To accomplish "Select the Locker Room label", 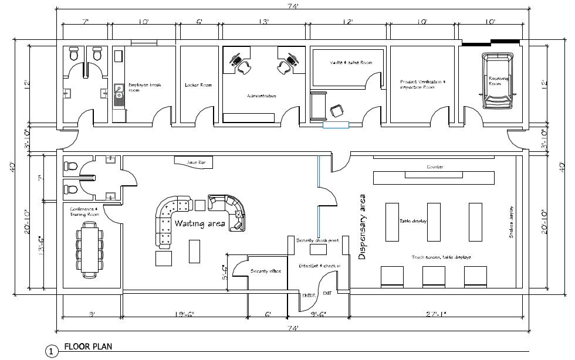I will point(198,85).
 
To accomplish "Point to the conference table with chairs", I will point(90,249).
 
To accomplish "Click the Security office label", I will point(265,271).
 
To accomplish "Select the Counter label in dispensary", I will point(435,167).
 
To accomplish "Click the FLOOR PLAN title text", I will point(88,346).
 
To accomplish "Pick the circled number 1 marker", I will point(52,351).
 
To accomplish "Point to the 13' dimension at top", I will point(264,22).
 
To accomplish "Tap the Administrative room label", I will point(261,96).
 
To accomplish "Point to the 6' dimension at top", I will point(199,22).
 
